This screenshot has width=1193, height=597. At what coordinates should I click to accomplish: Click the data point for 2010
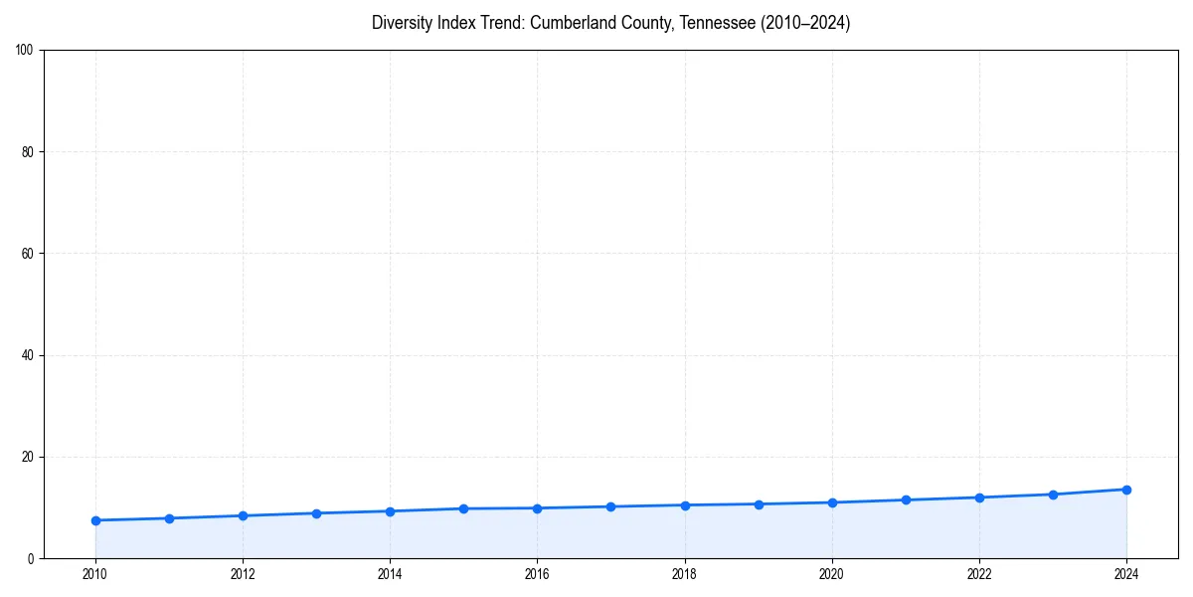(x=95, y=520)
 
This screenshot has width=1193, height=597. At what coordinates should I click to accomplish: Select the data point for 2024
(x=1126, y=490)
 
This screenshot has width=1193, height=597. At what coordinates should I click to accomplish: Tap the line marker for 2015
(x=463, y=508)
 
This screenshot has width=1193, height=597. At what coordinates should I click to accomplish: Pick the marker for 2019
(x=759, y=504)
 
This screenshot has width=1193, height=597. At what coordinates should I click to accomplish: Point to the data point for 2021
(x=906, y=499)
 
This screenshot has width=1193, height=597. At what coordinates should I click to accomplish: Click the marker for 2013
(x=316, y=513)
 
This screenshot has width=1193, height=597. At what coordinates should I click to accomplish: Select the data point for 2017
(x=610, y=506)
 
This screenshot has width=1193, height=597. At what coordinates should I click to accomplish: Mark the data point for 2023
(x=1053, y=495)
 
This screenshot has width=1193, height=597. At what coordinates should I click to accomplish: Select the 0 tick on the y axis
(x=32, y=558)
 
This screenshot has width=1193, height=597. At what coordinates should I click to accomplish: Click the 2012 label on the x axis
(x=243, y=574)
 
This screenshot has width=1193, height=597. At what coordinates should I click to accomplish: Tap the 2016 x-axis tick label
(x=537, y=574)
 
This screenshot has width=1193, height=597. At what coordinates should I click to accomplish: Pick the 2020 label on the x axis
(x=832, y=574)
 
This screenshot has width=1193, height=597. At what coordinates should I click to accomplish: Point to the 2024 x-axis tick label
(x=1126, y=574)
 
